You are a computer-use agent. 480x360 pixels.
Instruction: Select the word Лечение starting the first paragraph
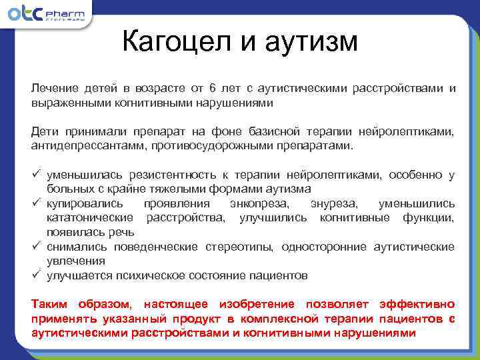(x=53, y=89)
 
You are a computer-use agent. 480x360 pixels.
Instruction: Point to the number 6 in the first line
(x=212, y=89)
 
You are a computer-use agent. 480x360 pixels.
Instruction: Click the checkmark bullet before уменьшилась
(x=36, y=175)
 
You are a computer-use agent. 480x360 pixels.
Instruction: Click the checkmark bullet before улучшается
(x=36, y=275)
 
